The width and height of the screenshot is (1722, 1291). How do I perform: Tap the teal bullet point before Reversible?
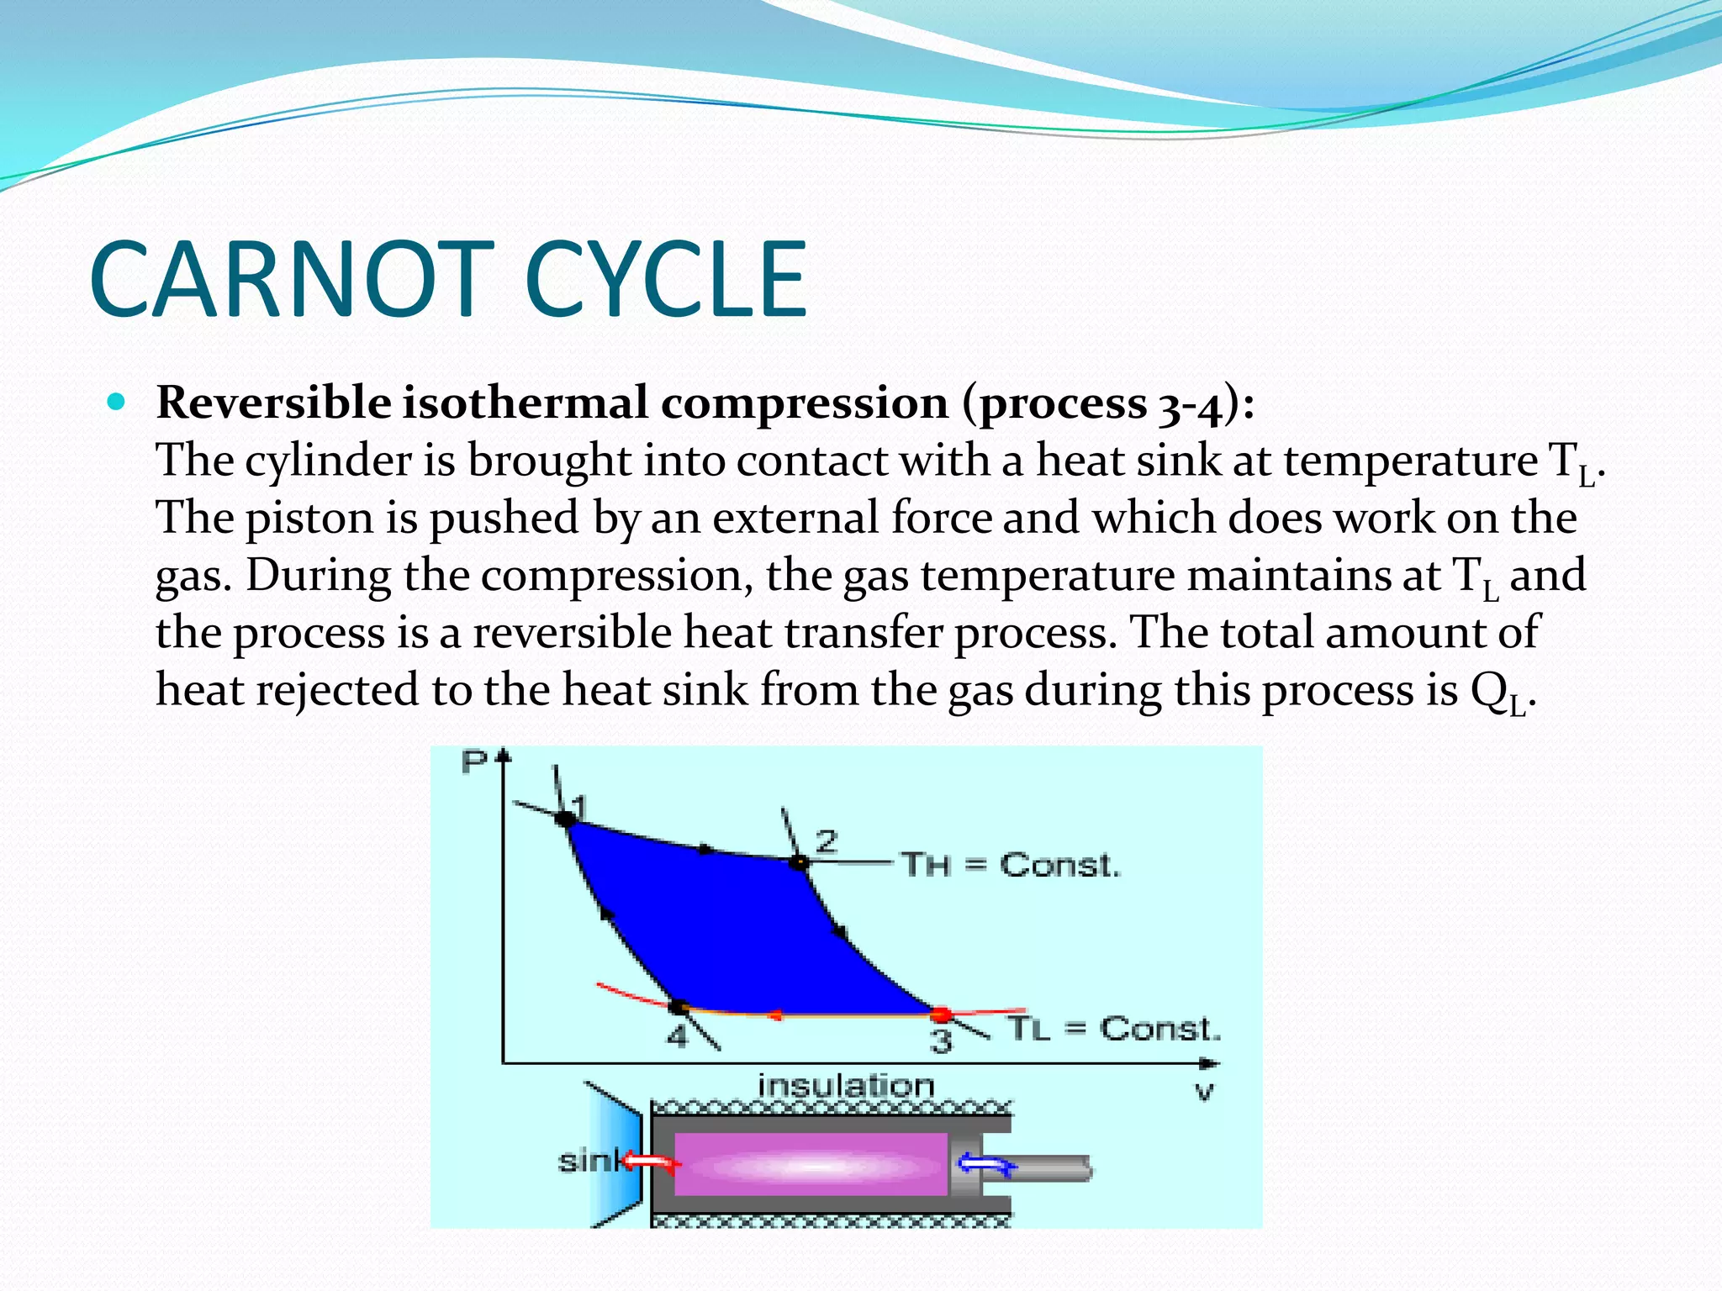117,403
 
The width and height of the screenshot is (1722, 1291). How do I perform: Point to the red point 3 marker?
941,1014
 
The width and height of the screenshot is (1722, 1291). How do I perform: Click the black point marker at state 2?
799,862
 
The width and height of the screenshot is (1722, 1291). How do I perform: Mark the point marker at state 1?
565,817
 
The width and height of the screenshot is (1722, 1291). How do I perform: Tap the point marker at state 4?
679,1006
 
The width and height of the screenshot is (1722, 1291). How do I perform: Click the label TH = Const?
1010,865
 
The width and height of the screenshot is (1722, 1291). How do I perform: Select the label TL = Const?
1113,1029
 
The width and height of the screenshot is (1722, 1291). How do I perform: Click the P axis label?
475,761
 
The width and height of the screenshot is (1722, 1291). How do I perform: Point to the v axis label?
1204,1092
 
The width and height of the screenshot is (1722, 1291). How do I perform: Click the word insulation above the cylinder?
846,1085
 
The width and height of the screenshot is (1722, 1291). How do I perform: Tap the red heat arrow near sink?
652,1163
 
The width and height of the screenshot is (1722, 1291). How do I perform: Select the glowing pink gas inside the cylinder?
811,1165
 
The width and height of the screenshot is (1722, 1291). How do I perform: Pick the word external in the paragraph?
795,517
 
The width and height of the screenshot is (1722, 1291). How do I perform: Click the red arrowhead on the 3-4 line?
775,1015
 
